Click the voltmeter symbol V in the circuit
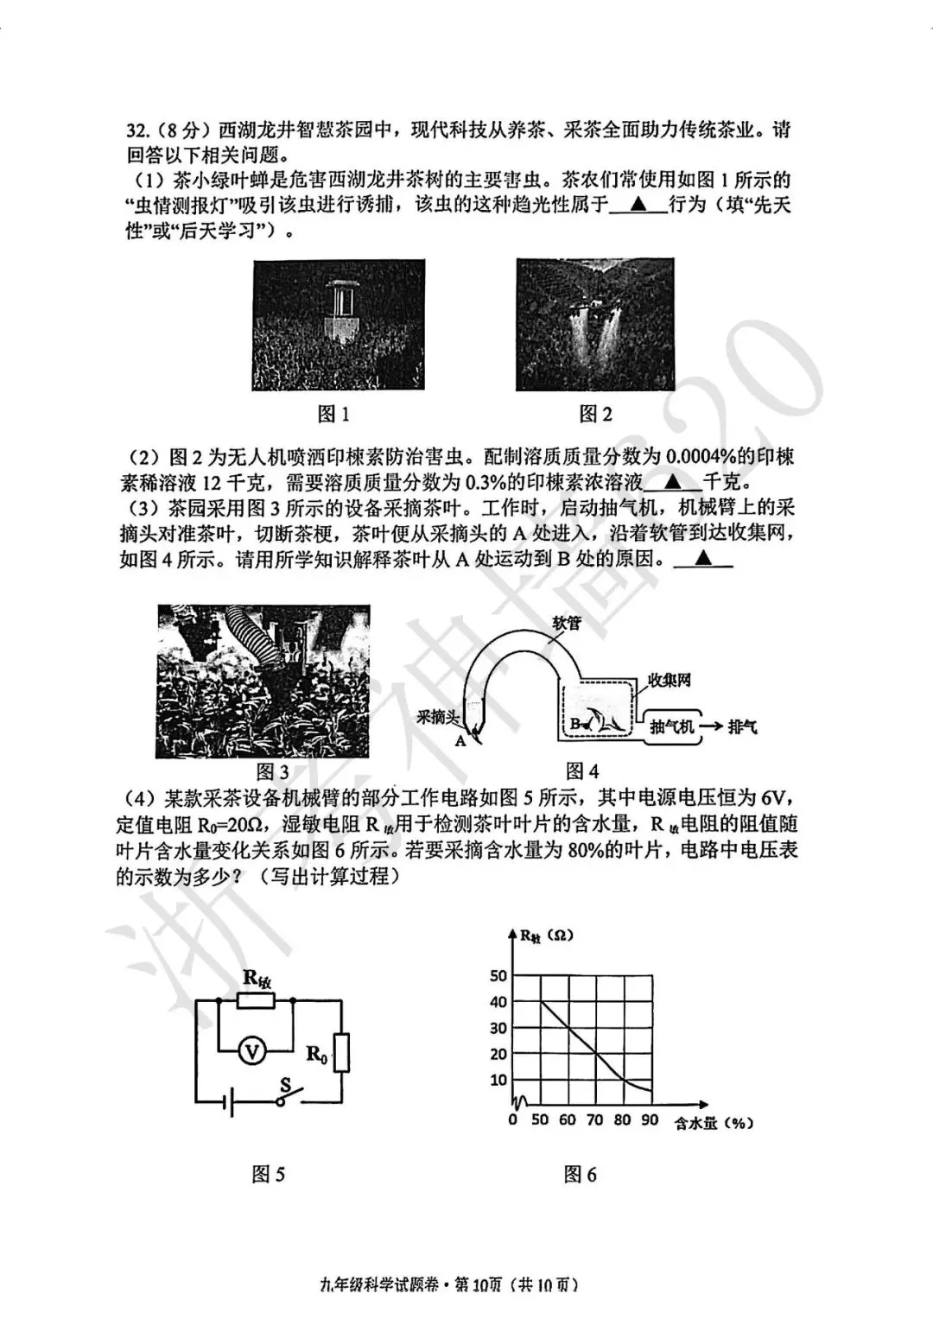click(252, 1051)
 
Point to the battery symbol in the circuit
click(228, 1102)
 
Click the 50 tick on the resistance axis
click(498, 976)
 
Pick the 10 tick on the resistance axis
click(498, 1080)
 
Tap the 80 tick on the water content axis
click(622, 1120)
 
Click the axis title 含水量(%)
click(714, 1123)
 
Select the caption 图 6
click(580, 1175)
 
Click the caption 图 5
click(268, 1175)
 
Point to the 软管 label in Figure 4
click(567, 622)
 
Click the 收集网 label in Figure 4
click(670, 681)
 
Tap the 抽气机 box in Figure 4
click(671, 726)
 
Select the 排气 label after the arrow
click(741, 726)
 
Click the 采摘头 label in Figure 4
click(436, 716)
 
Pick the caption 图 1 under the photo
click(333, 415)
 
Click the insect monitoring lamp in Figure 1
click(338, 308)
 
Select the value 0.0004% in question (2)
click(709, 456)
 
